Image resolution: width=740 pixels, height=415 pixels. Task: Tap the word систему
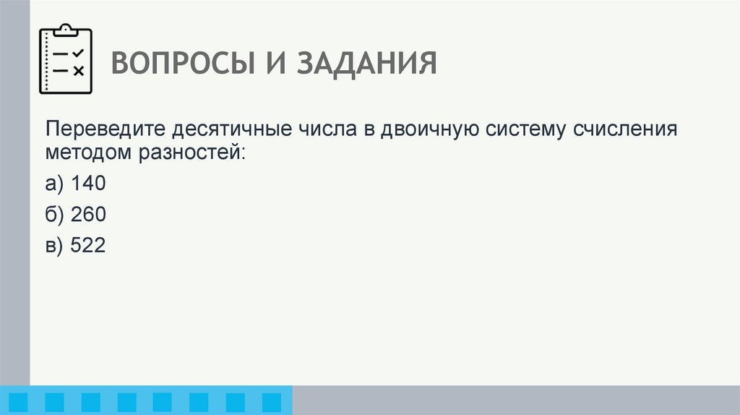click(527, 131)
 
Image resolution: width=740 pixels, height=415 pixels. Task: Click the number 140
click(88, 184)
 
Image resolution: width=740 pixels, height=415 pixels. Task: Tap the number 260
click(88, 215)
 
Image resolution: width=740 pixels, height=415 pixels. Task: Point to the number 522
click(88, 246)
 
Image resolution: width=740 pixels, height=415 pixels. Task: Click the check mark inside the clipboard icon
click(79, 53)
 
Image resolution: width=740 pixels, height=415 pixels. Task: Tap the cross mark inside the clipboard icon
click(79, 70)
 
